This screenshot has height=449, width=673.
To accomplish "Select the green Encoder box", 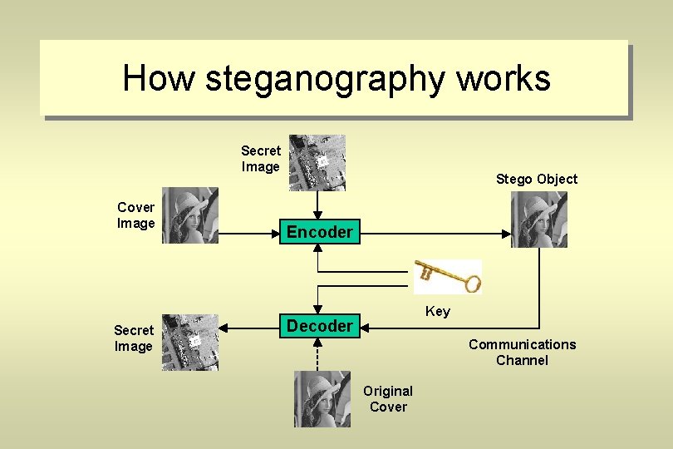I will tap(320, 232).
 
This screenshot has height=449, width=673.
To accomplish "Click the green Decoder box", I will tap(320, 326).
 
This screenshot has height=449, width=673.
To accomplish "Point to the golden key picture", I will tap(448, 275).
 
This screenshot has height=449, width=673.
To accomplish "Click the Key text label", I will tap(438, 312).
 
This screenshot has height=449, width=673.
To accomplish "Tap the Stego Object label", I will tap(536, 179).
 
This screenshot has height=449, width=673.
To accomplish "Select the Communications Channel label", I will tap(522, 352).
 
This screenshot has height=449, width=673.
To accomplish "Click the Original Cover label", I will tap(388, 398).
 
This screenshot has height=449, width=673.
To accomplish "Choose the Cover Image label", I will tap(136, 215).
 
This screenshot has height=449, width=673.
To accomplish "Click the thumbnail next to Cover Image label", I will tap(189, 215).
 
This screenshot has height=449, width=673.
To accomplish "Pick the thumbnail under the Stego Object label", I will tap(538, 220).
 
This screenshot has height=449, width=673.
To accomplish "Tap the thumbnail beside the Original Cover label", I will tap(322, 399).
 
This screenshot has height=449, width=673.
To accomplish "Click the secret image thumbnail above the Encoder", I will tap(317, 163).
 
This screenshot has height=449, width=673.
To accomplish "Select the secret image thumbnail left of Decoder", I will tap(189, 343).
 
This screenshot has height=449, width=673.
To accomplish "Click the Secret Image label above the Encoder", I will tap(261, 159).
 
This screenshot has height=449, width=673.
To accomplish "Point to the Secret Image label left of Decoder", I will tap(134, 338).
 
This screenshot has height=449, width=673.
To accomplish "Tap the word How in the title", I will tap(158, 79).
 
